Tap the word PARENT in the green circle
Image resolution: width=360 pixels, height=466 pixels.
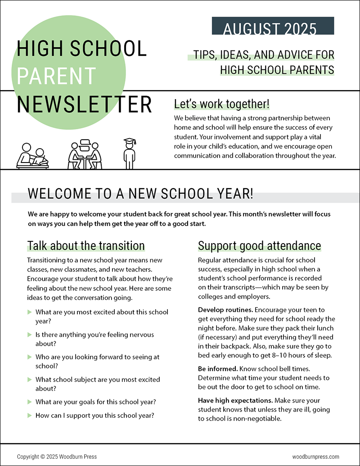tap(56, 76)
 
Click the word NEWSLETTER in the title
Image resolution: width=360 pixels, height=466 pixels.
tap(84, 104)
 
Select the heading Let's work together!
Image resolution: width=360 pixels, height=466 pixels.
tap(222, 104)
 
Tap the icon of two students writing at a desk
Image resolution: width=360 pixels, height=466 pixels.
tap(33, 155)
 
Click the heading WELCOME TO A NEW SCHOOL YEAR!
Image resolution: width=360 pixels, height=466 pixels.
tap(140, 194)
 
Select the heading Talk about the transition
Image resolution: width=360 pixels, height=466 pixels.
tap(86, 246)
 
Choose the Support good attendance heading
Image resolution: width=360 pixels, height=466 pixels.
tap(260, 246)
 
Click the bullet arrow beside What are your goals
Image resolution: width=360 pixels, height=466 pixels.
tap(30, 402)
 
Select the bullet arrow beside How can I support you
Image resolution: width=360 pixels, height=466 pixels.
tap(30, 415)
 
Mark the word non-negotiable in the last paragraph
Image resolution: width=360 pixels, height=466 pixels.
tap(258, 418)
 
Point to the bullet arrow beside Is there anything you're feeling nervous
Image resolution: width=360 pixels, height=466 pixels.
tap(30, 335)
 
